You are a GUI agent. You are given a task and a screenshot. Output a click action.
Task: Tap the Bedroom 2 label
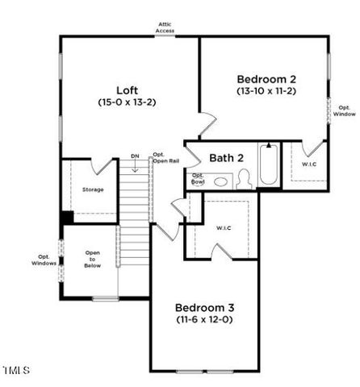point(267,79)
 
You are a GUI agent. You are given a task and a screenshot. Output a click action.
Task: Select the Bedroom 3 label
point(204,307)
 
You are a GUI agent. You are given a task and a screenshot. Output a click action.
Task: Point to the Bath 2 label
point(226,158)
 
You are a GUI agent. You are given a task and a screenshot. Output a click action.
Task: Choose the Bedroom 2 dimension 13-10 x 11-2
point(267,92)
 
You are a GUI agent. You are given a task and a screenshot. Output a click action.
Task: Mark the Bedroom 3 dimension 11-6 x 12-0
point(204,320)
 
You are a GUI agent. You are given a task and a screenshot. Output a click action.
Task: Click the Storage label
point(93,189)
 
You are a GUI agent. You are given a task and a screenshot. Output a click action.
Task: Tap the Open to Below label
point(93,263)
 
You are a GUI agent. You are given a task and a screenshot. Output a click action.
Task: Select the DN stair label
point(135,155)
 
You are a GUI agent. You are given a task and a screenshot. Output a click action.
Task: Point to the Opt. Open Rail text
point(159,158)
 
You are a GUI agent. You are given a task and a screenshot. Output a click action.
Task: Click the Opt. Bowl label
point(198,179)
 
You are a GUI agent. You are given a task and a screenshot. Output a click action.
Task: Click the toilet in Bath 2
point(243,179)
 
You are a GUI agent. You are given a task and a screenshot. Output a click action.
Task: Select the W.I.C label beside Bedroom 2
point(309,164)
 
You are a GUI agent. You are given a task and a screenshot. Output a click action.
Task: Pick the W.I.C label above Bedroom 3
point(224,228)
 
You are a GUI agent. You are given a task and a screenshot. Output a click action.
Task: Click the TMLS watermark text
point(16,370)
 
